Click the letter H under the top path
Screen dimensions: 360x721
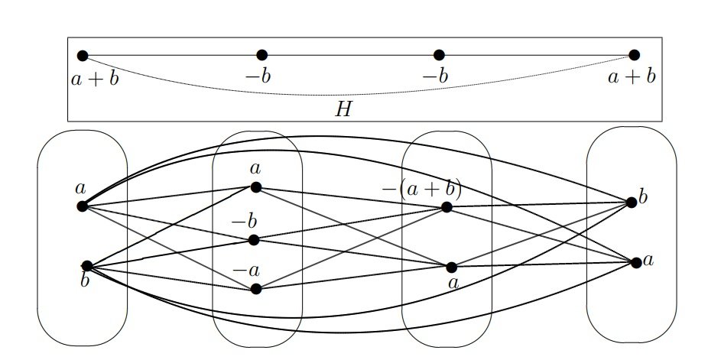344,109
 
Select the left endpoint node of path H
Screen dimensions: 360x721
83,55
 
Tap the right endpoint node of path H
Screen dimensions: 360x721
634,55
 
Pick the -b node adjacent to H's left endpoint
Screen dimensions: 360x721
261,55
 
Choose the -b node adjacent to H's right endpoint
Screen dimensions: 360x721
439,55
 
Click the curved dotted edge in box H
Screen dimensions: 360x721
352,94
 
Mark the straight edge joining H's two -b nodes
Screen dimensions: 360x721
350,55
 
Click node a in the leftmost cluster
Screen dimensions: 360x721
82,206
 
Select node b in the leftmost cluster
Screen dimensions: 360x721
87,265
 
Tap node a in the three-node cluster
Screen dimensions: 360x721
255,186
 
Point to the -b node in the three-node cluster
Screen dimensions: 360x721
254,240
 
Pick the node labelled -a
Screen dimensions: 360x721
255,288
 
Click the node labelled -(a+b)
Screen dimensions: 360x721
447,206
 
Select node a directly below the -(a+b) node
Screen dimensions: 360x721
451,267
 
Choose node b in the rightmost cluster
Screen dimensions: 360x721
631,203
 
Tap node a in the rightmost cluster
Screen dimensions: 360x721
636,262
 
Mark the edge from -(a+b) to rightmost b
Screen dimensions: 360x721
539,204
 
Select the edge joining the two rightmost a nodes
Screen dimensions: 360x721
544,264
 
